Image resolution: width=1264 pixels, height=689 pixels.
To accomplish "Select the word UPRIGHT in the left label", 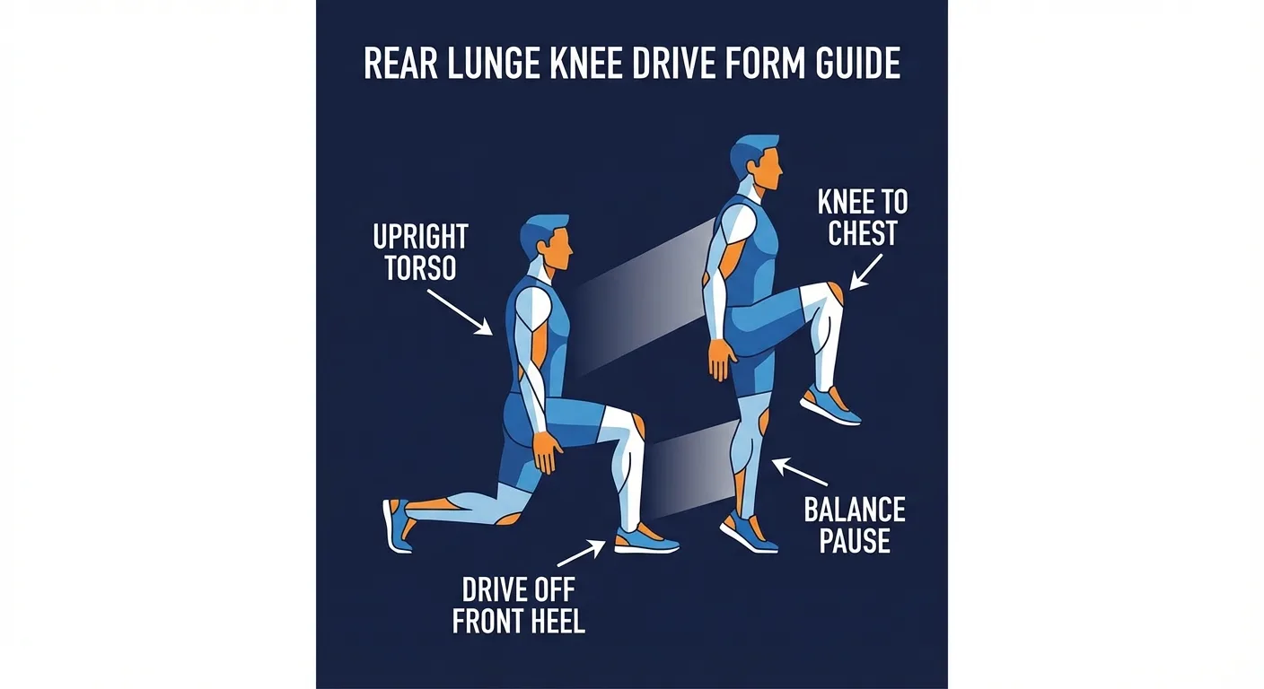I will pyautogui.click(x=420, y=238).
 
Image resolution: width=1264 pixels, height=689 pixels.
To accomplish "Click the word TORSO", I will pyautogui.click(x=420, y=268).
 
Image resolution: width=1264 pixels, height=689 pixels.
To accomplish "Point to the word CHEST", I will pyautogui.click(x=862, y=234).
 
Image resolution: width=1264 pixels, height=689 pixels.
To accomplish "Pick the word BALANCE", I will pyautogui.click(x=855, y=511).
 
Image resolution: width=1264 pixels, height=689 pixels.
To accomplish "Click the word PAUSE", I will pyautogui.click(x=855, y=541).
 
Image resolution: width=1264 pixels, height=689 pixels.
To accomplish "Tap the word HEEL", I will pyautogui.click(x=553, y=621).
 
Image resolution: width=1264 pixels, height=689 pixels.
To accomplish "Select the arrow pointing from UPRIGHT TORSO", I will pyautogui.click(x=459, y=311).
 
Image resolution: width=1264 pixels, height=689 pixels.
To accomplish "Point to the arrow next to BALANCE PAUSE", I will pyautogui.click(x=800, y=473).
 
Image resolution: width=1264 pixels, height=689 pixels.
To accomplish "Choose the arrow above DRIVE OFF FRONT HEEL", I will pyautogui.click(x=586, y=549).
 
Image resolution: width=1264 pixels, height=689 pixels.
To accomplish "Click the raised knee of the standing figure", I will pyautogui.click(x=830, y=295).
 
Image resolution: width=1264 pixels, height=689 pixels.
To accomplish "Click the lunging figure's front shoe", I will pyautogui.click(x=645, y=541).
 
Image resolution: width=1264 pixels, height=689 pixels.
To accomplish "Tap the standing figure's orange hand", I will pyautogui.click(x=721, y=360).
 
